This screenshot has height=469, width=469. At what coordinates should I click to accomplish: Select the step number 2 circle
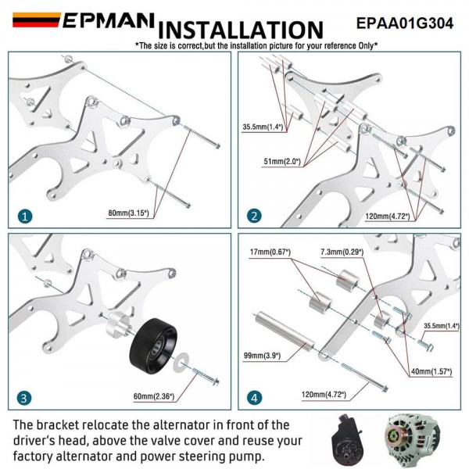click(255, 217)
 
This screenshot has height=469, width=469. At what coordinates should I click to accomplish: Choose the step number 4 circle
click(255, 398)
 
